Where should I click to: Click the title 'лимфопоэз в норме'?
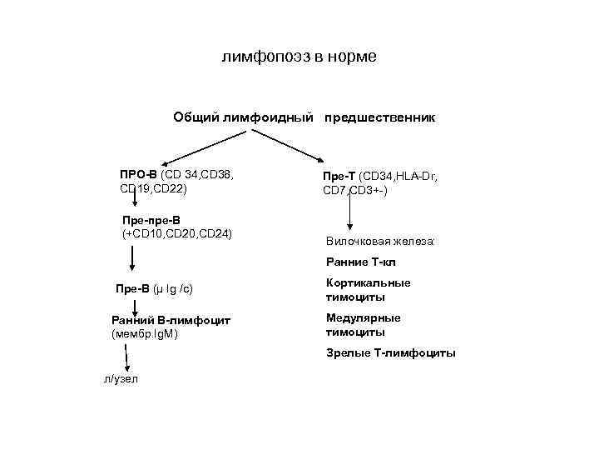[x=299, y=57]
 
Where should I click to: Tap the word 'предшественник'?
[x=379, y=117]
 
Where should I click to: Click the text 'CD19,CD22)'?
[x=155, y=189]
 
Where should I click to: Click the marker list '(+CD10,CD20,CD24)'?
[x=176, y=234]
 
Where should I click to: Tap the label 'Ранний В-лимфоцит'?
[x=171, y=320]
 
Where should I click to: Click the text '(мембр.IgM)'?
[x=145, y=334]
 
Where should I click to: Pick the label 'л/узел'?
[x=121, y=379]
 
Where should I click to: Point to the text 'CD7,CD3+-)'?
[x=355, y=191]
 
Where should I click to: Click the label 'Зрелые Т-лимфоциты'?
[x=391, y=352]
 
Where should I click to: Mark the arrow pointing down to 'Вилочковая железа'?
[x=350, y=212]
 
